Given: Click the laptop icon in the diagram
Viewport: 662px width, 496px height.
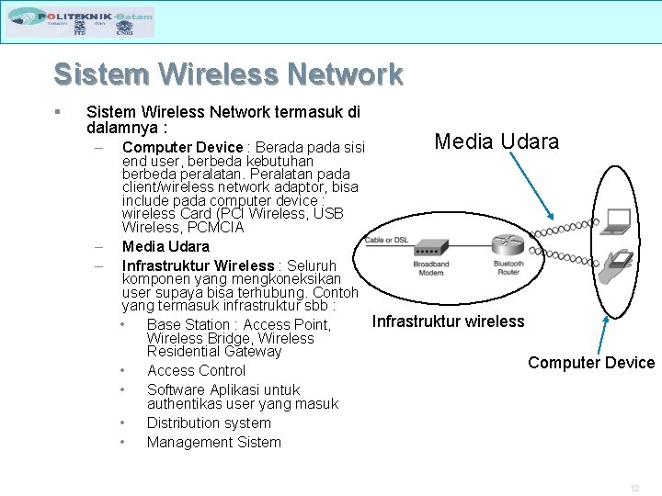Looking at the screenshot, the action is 617,220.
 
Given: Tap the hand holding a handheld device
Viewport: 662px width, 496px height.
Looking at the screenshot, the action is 615,265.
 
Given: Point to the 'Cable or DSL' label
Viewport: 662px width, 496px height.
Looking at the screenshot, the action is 386,240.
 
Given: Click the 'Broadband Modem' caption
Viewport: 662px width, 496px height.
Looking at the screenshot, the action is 430,268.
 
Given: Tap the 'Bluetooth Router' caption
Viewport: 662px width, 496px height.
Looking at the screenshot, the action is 508,268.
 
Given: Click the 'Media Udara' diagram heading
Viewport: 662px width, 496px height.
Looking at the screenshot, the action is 496,141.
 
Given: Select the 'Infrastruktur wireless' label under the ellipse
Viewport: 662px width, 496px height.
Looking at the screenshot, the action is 448,321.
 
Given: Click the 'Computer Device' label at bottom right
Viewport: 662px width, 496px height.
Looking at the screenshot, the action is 591,363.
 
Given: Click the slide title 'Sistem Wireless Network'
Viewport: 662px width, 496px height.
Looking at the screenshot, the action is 228,73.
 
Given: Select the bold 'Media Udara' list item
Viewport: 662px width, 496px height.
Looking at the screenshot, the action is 165,246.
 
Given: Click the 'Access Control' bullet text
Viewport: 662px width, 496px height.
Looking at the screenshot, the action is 196,370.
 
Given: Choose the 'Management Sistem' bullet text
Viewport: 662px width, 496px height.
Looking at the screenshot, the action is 214,442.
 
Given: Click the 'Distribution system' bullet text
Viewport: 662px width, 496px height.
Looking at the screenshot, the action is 209,423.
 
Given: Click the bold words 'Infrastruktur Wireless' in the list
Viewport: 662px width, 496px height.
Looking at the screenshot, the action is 198,265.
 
